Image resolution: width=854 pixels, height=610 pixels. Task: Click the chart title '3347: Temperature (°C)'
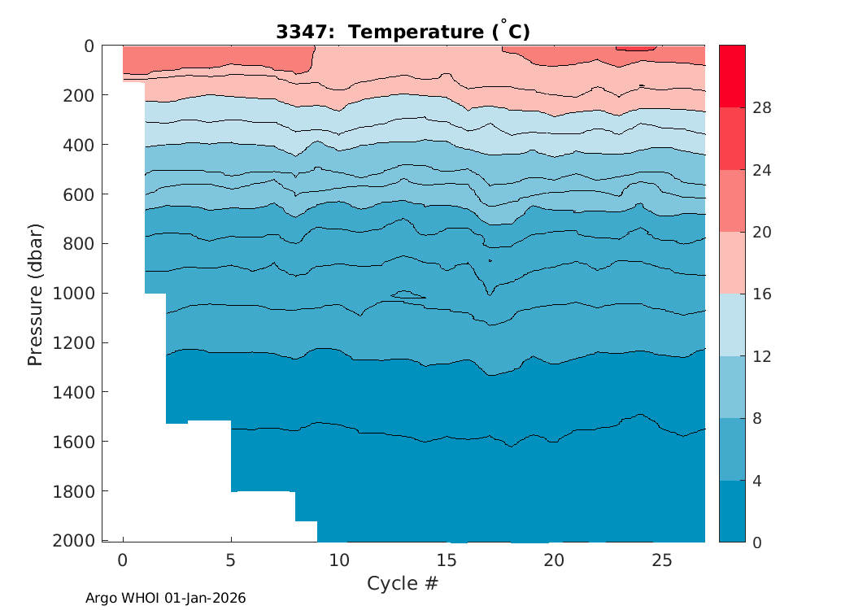[x=403, y=32]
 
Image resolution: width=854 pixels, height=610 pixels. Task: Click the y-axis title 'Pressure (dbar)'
[x=35, y=293]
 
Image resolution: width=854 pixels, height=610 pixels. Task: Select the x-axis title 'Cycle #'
[x=403, y=583]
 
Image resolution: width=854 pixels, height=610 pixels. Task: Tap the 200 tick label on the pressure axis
[x=81, y=95]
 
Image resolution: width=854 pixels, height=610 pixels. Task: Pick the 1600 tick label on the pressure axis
[x=72, y=442]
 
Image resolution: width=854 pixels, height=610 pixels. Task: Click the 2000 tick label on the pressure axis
[x=72, y=542]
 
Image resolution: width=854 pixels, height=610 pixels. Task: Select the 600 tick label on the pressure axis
[x=81, y=194]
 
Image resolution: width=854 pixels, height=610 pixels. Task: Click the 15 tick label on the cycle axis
[x=447, y=560]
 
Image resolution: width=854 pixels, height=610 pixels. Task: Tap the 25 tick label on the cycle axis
[x=662, y=560]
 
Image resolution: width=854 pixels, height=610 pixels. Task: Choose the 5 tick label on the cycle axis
[x=231, y=560]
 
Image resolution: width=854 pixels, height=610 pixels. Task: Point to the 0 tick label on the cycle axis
[x=123, y=560]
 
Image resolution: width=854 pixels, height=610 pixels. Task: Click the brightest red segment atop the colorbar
[x=732, y=76]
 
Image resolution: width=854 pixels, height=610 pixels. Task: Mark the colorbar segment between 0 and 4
[x=732, y=511]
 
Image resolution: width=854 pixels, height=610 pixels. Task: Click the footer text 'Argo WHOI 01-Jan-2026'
[x=166, y=598]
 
